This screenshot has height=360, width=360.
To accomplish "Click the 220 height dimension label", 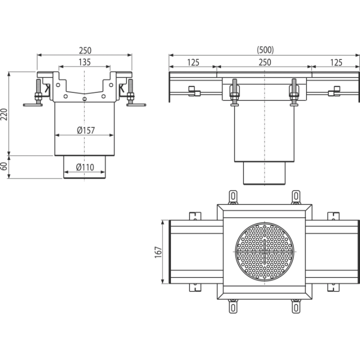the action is [x=4, y=114].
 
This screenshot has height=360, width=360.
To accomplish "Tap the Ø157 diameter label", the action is [x=86, y=130].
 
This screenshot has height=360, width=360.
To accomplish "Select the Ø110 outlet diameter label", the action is [x=85, y=167].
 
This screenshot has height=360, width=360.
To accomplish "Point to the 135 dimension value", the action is [x=84, y=62].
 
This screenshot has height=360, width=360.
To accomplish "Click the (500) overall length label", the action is [x=265, y=50].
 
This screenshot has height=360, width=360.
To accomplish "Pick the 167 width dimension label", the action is [x=158, y=252].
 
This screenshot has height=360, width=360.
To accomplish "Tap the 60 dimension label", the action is [x=4, y=166].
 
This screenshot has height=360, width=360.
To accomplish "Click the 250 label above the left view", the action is [x=85, y=50].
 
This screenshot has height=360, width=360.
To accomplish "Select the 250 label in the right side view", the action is [x=265, y=62].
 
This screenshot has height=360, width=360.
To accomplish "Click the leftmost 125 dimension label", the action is [x=193, y=62].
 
